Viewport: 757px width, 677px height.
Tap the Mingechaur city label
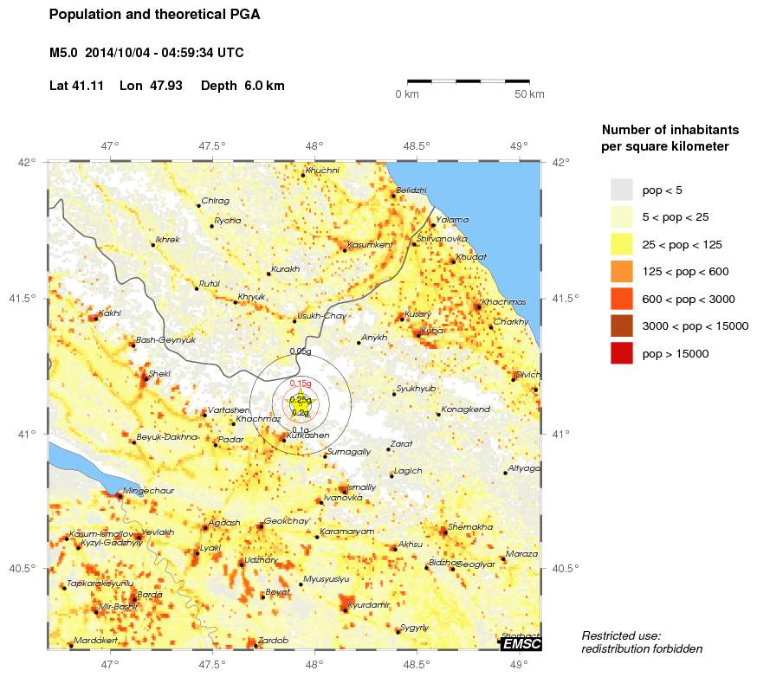[149, 490]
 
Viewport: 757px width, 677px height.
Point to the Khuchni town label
[323, 170]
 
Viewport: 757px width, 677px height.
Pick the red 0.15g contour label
[301, 383]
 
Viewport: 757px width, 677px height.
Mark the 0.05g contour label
[301, 351]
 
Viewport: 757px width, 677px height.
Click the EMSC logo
[521, 643]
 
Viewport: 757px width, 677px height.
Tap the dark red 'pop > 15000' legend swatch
[622, 353]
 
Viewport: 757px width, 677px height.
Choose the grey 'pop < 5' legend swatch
[622, 189]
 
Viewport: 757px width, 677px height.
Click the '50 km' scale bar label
[529, 93]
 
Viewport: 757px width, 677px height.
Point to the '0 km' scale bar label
[407, 93]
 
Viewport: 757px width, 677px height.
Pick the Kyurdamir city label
[369, 604]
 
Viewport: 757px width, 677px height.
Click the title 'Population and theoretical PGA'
[154, 15]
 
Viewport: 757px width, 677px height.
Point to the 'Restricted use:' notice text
[621, 635]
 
